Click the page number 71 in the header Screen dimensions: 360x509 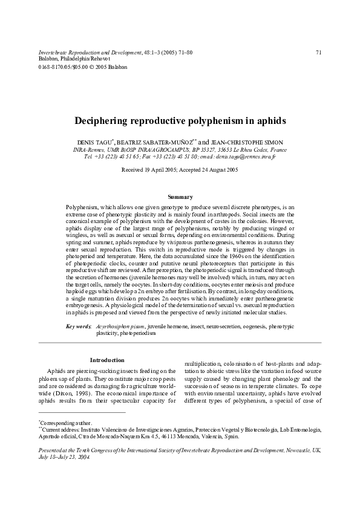pos(318,53)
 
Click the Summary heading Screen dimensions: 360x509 pos(180,196)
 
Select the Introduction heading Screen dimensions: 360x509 pos(106,360)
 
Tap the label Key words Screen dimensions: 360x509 pos(78,326)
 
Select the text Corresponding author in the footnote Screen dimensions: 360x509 pos(66,423)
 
